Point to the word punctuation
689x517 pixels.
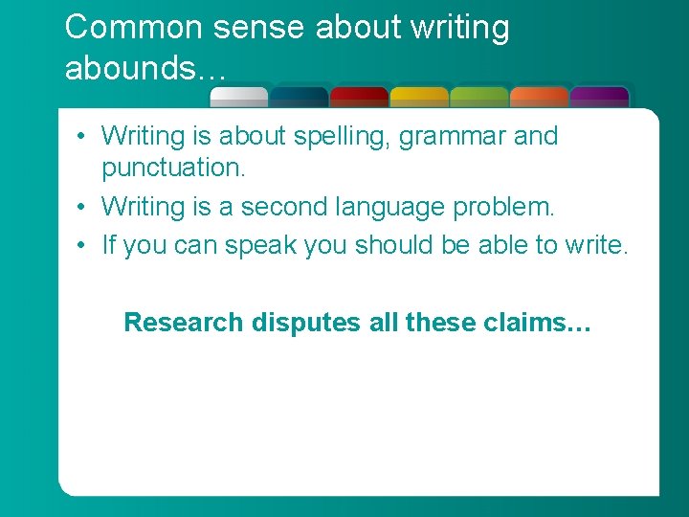173,169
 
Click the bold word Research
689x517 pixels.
184,323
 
